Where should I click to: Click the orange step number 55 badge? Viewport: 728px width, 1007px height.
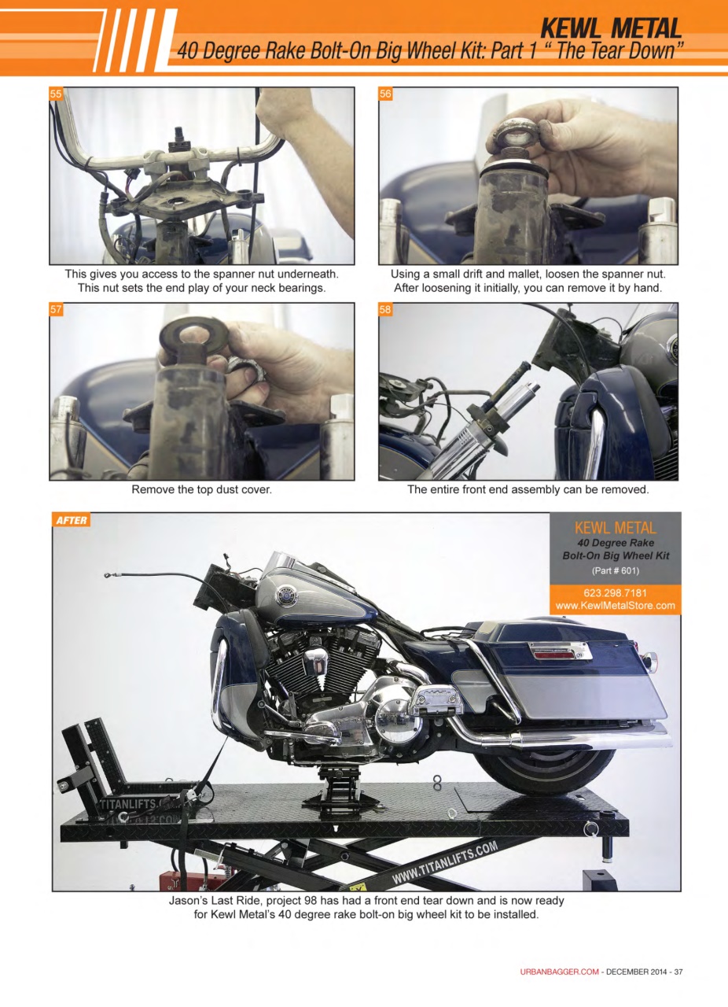click(x=56, y=94)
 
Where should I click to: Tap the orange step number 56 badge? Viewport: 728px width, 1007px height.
click(x=385, y=94)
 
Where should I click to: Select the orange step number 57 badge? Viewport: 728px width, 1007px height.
click(x=56, y=310)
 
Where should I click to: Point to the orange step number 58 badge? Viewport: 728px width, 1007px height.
click(x=385, y=310)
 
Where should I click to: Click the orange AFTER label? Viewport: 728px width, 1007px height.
click(x=71, y=520)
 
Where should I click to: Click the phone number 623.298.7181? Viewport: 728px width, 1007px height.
click(x=616, y=592)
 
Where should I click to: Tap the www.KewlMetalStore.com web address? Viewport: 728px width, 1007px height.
click(x=616, y=606)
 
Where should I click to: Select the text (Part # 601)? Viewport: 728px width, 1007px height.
click(x=615, y=570)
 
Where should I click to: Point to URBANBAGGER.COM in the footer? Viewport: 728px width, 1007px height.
click(x=559, y=972)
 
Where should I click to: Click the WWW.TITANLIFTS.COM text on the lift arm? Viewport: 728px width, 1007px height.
click(x=444, y=864)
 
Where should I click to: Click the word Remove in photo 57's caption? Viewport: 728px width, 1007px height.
click(x=153, y=490)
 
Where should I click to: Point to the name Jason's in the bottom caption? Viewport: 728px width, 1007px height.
click(x=190, y=900)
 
